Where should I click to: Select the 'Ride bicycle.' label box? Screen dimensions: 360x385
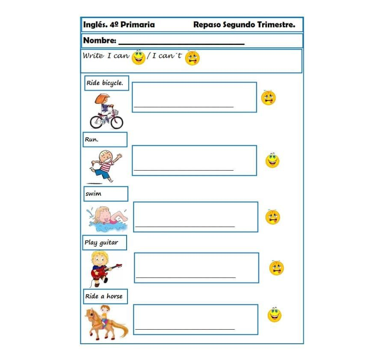click(x=105, y=83)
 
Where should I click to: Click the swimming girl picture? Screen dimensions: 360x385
click(x=107, y=218)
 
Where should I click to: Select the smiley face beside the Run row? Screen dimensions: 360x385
click(x=272, y=161)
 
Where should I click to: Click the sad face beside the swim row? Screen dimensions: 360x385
click(x=272, y=217)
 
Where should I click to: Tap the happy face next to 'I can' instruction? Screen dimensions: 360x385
click(x=139, y=57)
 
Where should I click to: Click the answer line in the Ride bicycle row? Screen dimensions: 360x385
click(x=184, y=106)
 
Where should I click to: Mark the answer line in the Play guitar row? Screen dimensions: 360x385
click(x=186, y=277)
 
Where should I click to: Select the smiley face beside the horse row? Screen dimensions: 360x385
click(x=274, y=315)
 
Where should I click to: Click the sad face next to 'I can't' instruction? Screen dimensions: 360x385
click(x=192, y=58)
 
